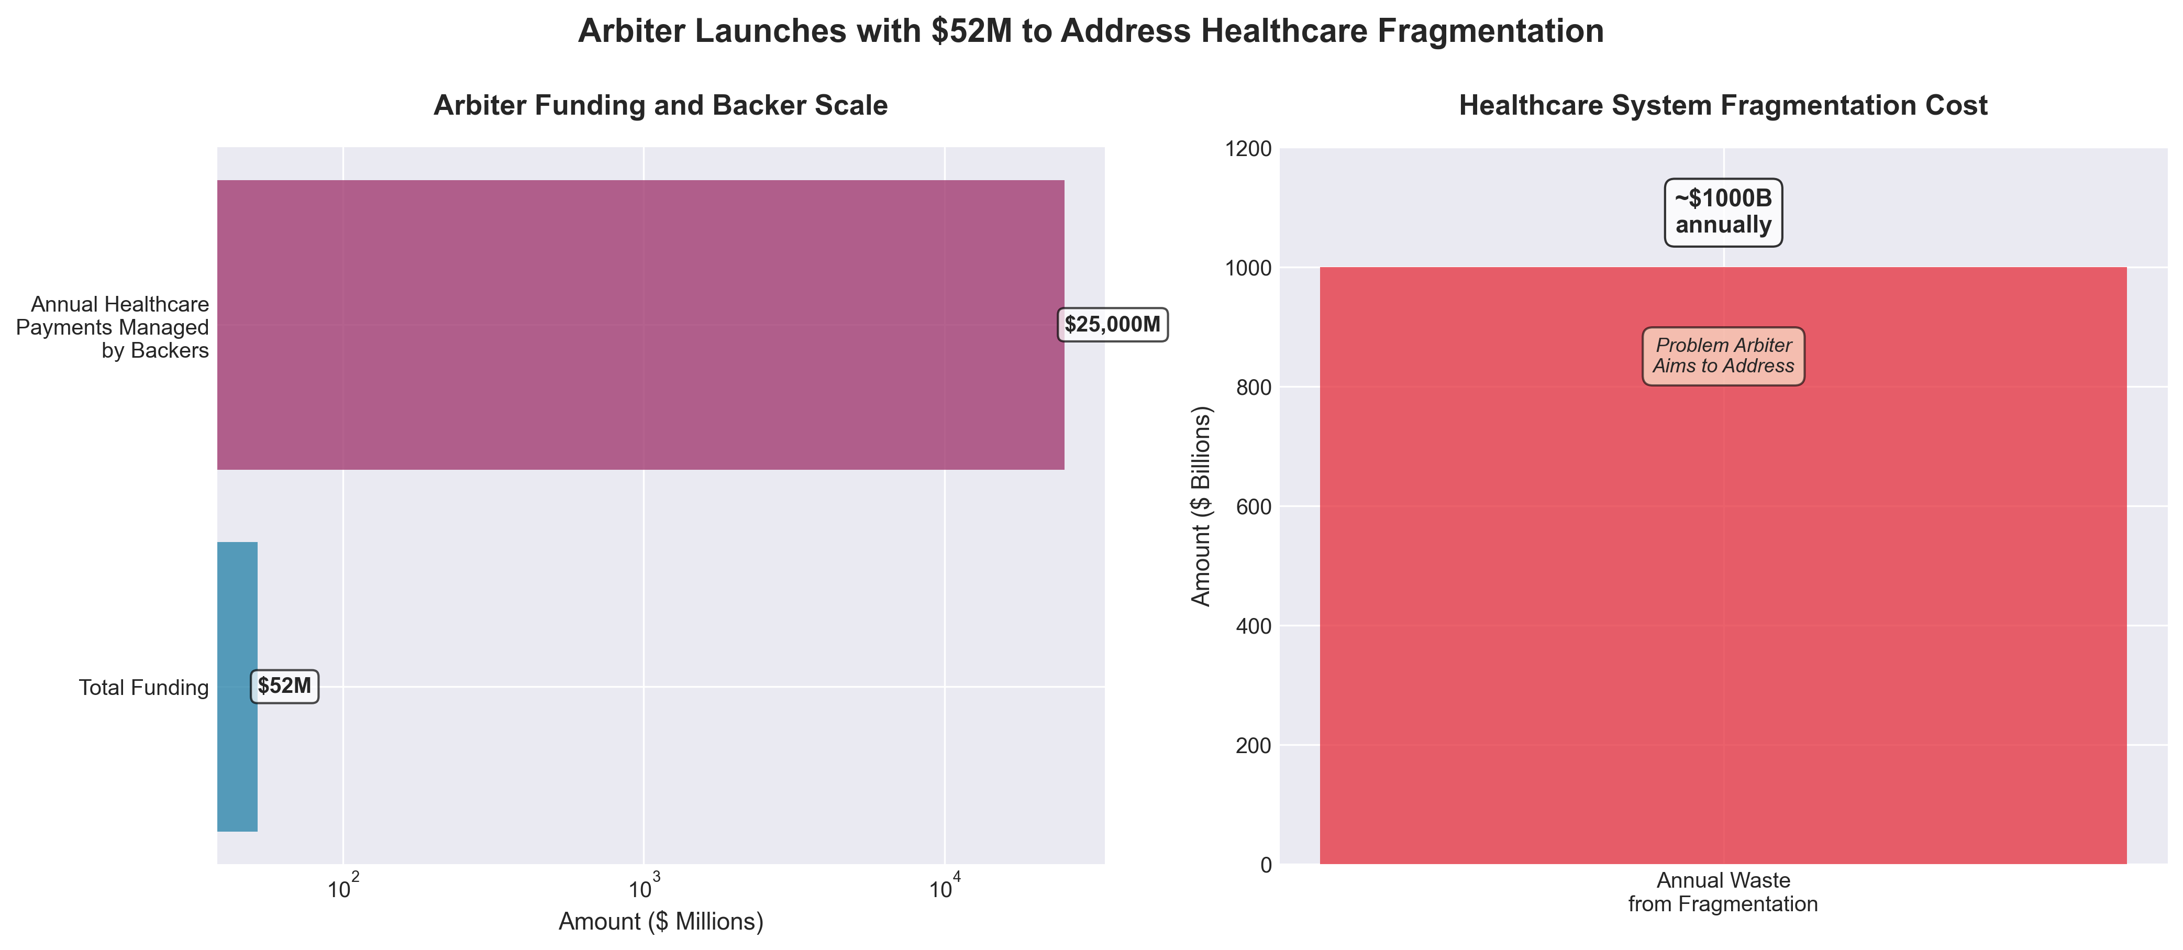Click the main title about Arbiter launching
click(x=1091, y=31)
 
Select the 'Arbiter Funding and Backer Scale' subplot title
click(x=660, y=105)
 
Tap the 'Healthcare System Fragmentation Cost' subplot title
click(x=1723, y=105)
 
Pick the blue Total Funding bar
click(x=237, y=687)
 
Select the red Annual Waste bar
click(x=1723, y=593)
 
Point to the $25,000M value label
click(x=1112, y=325)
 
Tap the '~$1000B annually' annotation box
click(x=1723, y=212)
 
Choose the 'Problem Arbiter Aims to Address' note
click(x=1723, y=356)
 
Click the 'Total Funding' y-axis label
click(x=143, y=687)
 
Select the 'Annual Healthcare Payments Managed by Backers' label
click(x=113, y=327)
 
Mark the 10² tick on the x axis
click(x=343, y=888)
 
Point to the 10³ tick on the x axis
click(x=643, y=888)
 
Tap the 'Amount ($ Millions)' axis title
click(x=660, y=922)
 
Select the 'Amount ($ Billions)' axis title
click(x=1202, y=506)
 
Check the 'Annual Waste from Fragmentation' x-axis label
click(x=1723, y=892)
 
